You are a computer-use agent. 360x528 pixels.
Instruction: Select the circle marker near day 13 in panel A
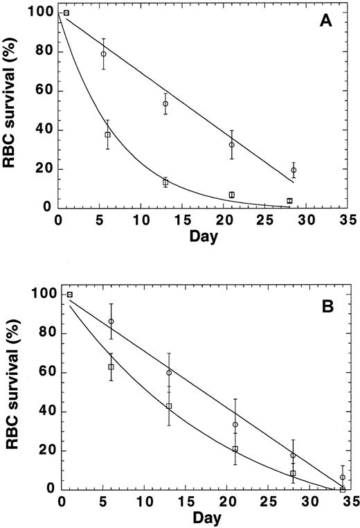point(165,104)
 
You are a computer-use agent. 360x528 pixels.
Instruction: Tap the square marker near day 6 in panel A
point(108,134)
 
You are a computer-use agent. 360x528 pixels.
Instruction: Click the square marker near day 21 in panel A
point(232,195)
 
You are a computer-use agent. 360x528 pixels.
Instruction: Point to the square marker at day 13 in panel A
point(165,182)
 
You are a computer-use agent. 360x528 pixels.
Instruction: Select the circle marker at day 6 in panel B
point(111,322)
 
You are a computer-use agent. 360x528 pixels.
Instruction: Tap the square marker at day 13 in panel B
point(169,406)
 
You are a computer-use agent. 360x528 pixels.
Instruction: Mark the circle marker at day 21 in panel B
point(235,425)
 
